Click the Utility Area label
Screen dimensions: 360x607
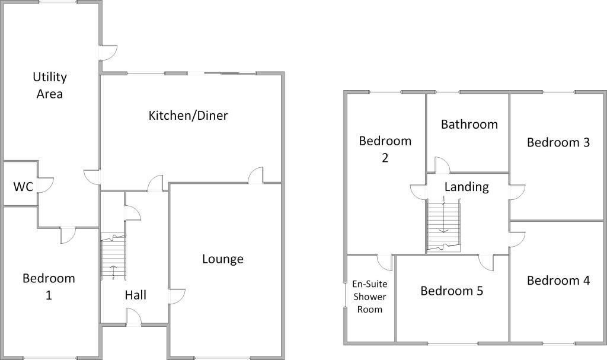click(x=50, y=85)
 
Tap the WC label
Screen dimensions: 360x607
click(x=23, y=187)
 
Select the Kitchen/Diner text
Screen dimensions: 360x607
click(x=188, y=115)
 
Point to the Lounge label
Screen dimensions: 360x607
click(x=223, y=259)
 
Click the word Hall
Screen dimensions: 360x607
click(x=136, y=295)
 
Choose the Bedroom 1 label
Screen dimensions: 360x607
click(x=49, y=286)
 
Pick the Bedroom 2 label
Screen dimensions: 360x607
click(x=385, y=149)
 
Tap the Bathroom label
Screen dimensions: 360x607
click(x=469, y=124)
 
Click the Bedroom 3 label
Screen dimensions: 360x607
click(x=558, y=142)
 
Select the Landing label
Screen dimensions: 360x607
click(x=467, y=187)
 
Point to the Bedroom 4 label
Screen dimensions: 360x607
click(x=558, y=281)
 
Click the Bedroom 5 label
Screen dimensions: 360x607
click(x=452, y=291)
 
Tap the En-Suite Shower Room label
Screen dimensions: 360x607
click(x=369, y=297)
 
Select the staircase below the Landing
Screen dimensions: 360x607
click(x=443, y=225)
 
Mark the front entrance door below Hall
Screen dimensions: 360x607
click(x=134, y=320)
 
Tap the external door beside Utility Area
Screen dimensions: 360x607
click(x=108, y=52)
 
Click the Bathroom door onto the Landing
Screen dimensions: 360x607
click(x=442, y=165)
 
